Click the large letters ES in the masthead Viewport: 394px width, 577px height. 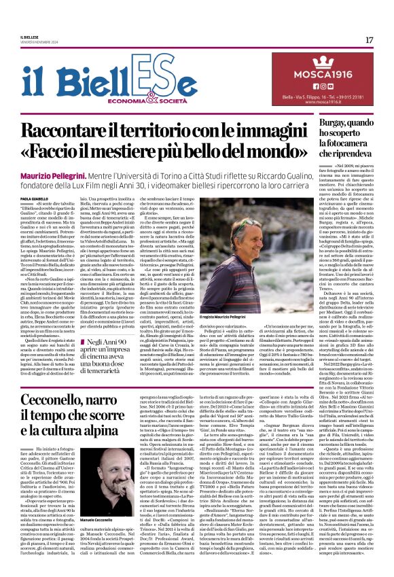click(159, 71)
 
